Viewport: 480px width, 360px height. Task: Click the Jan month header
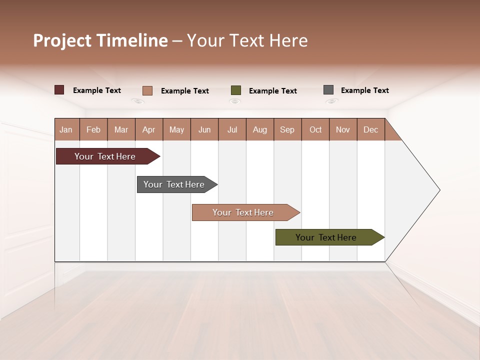[66, 129]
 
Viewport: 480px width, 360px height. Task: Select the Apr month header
[149, 129]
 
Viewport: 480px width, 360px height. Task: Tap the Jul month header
[232, 129]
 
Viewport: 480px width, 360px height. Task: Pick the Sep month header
[287, 129]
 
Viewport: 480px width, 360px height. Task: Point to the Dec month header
[370, 129]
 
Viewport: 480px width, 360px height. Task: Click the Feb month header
[93, 129]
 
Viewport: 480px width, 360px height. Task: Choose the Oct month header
[315, 129]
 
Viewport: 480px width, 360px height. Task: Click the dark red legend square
[59, 90]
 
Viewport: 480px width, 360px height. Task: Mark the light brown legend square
[147, 90]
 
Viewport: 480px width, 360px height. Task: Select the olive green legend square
[236, 90]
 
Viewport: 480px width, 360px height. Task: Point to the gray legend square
[328, 90]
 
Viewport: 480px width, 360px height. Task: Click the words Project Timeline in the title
[100, 40]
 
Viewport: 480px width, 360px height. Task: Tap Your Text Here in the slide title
[247, 40]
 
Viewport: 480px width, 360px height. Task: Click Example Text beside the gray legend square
[364, 90]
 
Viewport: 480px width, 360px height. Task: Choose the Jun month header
[204, 129]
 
